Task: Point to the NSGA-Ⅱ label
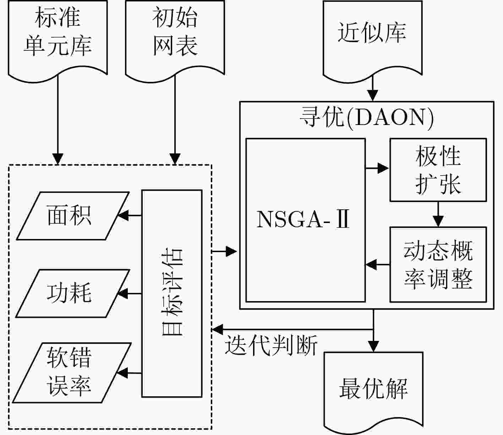point(303,219)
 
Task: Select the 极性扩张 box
point(438,170)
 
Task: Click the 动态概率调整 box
point(438,265)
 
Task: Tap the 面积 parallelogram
point(73,216)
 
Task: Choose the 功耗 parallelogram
point(73,293)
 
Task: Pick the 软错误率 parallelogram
point(72,373)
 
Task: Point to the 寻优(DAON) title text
point(367,119)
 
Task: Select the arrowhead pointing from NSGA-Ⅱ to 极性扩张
point(383,168)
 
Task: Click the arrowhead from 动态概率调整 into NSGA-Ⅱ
point(371,264)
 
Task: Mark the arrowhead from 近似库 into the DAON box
point(373,96)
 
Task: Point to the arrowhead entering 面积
point(123,216)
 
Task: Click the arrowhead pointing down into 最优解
point(373,346)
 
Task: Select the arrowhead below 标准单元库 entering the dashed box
point(58,159)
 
